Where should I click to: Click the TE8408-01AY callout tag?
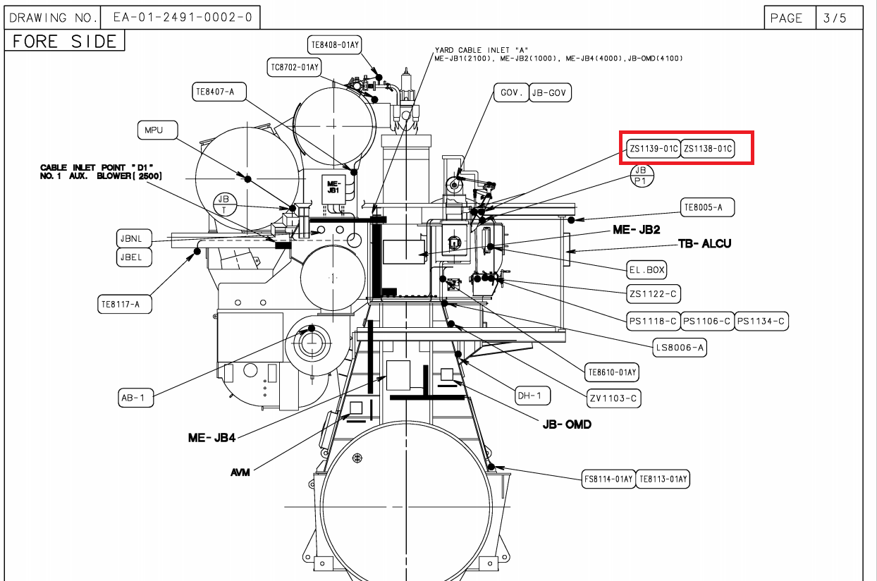(334, 45)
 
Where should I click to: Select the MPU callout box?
(157, 130)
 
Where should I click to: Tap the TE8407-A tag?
(219, 92)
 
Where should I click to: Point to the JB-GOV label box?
(550, 93)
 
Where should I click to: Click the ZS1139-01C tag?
(653, 149)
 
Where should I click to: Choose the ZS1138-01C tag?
(708, 149)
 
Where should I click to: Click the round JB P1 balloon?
(642, 176)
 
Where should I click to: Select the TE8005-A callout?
(708, 207)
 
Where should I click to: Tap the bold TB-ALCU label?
(705, 243)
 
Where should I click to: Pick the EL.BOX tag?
(646, 270)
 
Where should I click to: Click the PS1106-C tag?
(707, 322)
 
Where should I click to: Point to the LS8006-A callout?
(680, 348)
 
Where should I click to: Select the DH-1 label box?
(532, 396)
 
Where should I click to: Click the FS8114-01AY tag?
(608, 479)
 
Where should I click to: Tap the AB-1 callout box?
(135, 398)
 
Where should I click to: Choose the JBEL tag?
(134, 257)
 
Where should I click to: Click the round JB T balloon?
(225, 204)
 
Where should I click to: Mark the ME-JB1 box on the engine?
(333, 189)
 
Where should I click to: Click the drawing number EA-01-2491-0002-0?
(183, 18)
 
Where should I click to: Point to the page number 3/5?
(835, 18)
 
